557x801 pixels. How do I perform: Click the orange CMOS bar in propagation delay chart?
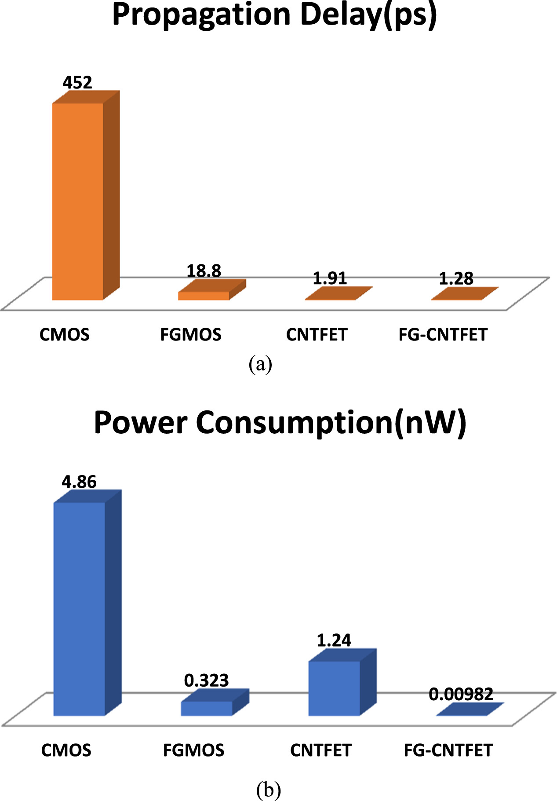click(x=78, y=201)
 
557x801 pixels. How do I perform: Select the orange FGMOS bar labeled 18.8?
click(x=204, y=296)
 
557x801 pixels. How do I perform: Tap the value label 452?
click(x=77, y=83)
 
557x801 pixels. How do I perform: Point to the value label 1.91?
click(x=330, y=278)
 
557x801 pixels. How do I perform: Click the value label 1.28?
click(x=456, y=278)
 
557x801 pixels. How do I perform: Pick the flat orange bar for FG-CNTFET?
click(x=464, y=294)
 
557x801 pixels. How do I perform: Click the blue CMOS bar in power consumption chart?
click(x=80, y=609)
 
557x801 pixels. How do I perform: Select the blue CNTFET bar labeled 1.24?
click(x=334, y=688)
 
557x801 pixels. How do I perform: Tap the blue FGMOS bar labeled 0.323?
click(x=207, y=708)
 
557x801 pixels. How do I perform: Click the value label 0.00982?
click(x=461, y=694)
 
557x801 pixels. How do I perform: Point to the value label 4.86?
click(x=79, y=482)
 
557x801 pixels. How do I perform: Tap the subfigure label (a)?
click(x=260, y=365)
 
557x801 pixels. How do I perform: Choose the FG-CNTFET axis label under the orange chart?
click(x=443, y=335)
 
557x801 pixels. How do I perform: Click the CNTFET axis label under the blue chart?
click(x=320, y=750)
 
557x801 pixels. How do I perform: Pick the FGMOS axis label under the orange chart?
click(x=190, y=335)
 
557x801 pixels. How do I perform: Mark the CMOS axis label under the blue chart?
click(x=66, y=750)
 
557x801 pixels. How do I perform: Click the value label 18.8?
click(x=204, y=271)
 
